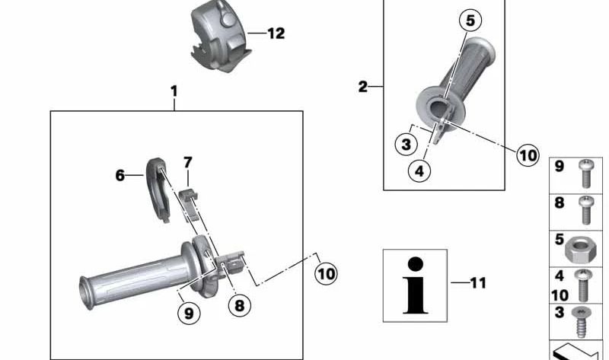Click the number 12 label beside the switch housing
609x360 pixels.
pyautogui.click(x=276, y=33)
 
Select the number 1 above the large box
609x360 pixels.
pyautogui.click(x=174, y=91)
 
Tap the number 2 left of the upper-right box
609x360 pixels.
pyautogui.click(x=362, y=86)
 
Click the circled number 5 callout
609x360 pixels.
pyautogui.click(x=470, y=21)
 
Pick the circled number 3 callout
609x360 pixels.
pyautogui.click(x=406, y=145)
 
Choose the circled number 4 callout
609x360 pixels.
pyautogui.click(x=419, y=170)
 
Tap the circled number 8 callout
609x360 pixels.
pyautogui.click(x=239, y=305)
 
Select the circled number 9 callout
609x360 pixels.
pyautogui.click(x=189, y=313)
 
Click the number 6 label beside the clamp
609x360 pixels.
pyautogui.click(x=120, y=176)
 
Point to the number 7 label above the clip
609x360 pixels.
pyautogui.click(x=187, y=162)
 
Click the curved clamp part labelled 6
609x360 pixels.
pyautogui.click(x=158, y=190)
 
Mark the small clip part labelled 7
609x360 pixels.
pyautogui.click(x=190, y=203)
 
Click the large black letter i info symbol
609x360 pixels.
pyautogui.click(x=415, y=285)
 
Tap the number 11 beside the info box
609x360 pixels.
pyautogui.click(x=478, y=282)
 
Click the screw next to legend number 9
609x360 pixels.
pyautogui.click(x=585, y=174)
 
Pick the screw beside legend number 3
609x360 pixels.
pyautogui.click(x=581, y=322)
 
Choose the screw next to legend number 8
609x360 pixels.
pyautogui.click(x=585, y=210)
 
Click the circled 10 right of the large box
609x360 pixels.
pyautogui.click(x=326, y=274)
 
